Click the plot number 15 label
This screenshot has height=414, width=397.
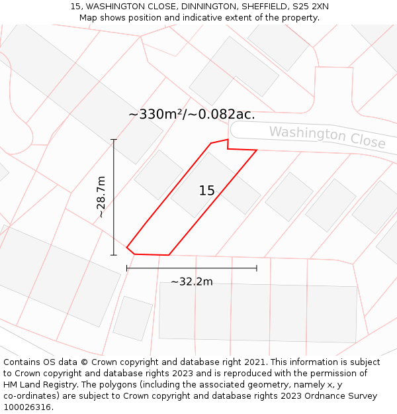[206, 191]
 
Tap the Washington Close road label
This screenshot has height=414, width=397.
[327, 137]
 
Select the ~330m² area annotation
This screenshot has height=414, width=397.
[156, 115]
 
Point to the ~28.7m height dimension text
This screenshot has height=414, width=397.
[101, 197]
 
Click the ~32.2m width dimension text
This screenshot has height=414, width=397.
[192, 282]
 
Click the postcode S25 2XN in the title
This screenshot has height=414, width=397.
[310, 7]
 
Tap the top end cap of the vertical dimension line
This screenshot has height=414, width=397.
[114, 140]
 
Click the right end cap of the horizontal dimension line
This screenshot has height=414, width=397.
[256, 268]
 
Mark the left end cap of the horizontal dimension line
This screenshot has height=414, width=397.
[127, 268]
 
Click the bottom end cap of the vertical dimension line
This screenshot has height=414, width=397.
[114, 254]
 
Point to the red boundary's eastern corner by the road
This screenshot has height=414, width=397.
[256, 150]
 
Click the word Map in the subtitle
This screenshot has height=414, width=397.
[89, 18]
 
